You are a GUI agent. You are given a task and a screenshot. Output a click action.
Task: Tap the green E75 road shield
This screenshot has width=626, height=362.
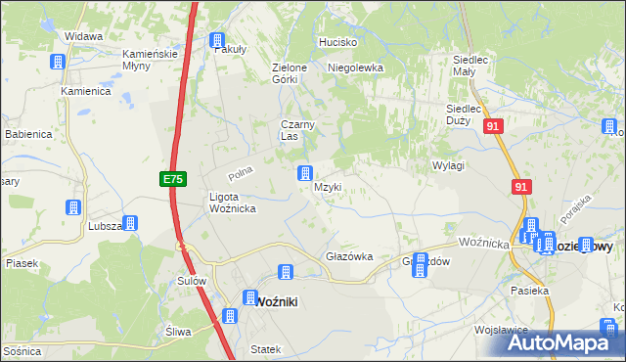[172, 179]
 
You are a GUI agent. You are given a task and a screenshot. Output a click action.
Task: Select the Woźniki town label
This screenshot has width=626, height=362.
[276, 302]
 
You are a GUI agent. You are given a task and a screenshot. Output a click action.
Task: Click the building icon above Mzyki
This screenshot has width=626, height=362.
[304, 174]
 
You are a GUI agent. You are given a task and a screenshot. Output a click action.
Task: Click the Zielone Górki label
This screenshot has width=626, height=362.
[290, 73]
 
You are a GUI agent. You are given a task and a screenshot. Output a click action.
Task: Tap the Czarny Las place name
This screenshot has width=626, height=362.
[296, 130]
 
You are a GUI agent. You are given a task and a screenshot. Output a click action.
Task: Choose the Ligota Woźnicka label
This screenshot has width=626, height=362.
[233, 203]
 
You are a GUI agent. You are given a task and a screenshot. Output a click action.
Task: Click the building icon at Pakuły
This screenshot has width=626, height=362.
[217, 40]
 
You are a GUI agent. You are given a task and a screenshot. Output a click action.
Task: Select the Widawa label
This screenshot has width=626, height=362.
[84, 36]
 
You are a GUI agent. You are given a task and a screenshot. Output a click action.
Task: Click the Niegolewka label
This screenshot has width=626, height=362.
[355, 68]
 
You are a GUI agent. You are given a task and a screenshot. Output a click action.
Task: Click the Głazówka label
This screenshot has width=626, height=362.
[349, 256]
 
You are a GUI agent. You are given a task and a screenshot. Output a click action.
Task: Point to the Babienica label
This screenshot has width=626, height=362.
[26, 133]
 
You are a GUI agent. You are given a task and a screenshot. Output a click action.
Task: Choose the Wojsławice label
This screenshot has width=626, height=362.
[502, 331]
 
